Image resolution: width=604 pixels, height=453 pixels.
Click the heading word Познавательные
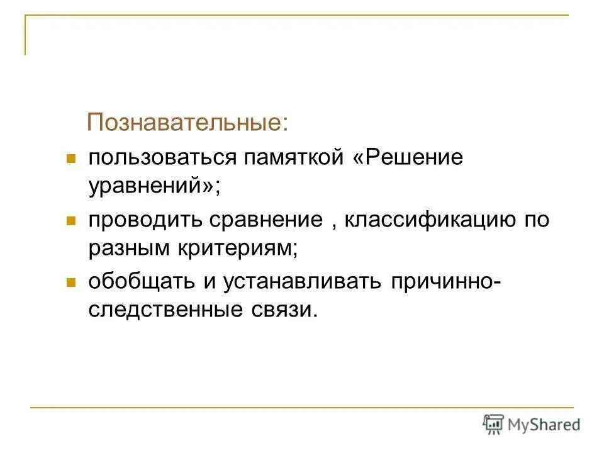pos(186,121)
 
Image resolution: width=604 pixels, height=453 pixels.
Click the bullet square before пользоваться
pos(71,158)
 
